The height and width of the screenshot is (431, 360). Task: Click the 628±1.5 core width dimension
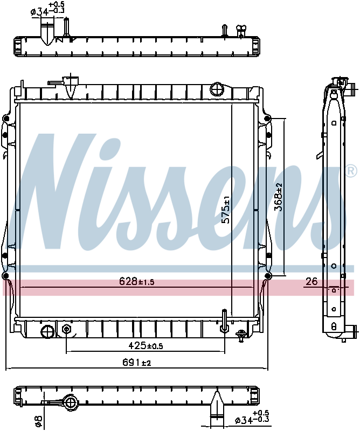(x=136, y=281)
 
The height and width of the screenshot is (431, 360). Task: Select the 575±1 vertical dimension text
(x=227, y=210)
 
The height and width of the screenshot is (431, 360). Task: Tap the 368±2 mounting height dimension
(x=279, y=197)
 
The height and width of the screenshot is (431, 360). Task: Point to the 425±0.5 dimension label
(x=145, y=345)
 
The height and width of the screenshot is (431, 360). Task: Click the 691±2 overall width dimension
(x=137, y=363)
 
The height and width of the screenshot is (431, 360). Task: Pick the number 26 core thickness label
(x=311, y=281)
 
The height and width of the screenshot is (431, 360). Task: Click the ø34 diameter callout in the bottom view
(x=251, y=419)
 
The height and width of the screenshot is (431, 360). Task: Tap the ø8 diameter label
(x=38, y=420)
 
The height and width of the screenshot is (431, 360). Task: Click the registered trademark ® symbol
(x=350, y=172)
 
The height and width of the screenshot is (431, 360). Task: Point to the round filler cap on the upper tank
(x=217, y=88)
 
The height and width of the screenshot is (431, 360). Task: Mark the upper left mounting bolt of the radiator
(x=6, y=119)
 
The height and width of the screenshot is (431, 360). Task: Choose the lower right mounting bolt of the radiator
(x=267, y=276)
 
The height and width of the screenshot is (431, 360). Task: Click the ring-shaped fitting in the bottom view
(x=70, y=401)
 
